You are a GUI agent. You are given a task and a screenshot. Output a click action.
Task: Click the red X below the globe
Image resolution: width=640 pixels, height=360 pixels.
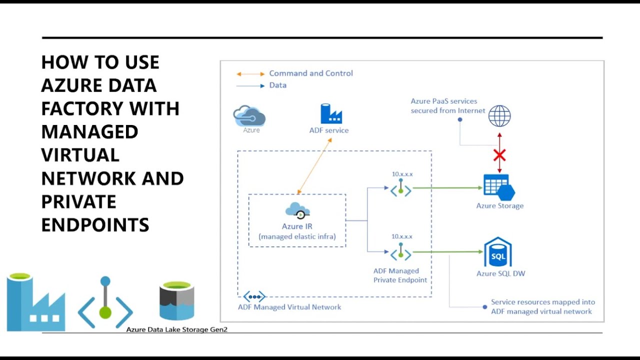click(x=499, y=155)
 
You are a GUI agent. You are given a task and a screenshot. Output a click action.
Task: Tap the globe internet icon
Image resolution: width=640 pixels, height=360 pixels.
click(x=499, y=116)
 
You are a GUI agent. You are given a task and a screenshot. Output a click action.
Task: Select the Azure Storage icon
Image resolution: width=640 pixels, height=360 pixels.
click(x=499, y=187)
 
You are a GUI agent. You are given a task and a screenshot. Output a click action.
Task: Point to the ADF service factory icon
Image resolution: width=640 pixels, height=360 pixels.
click(x=330, y=114)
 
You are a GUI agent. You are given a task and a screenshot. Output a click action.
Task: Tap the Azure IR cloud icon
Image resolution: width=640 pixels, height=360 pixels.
click(x=297, y=210)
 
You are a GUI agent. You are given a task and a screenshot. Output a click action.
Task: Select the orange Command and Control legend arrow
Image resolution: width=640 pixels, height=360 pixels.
click(x=250, y=74)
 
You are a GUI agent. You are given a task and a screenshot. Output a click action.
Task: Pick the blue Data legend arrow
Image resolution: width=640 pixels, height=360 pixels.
click(x=250, y=86)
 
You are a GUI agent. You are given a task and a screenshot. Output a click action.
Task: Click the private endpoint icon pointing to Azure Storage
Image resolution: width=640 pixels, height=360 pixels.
click(x=400, y=189)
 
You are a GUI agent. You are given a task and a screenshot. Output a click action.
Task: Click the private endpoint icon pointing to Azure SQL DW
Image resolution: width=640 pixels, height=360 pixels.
click(x=400, y=253)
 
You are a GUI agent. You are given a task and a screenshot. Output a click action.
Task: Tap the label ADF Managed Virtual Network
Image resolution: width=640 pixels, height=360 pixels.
click(x=289, y=307)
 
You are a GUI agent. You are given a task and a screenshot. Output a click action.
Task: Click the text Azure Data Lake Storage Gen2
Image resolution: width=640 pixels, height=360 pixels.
click(x=176, y=329)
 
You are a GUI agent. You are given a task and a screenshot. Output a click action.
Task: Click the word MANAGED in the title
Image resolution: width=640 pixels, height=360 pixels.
click(x=89, y=132)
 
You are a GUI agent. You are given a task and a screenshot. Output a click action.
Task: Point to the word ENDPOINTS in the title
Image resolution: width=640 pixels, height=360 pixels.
click(x=95, y=225)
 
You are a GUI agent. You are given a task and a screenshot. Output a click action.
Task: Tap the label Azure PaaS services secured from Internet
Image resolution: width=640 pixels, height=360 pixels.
click(x=448, y=106)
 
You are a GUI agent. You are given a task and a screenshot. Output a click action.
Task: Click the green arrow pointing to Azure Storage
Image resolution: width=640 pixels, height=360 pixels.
click(x=447, y=188)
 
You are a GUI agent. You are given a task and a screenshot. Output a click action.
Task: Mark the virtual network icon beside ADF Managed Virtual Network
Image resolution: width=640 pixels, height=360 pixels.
click(x=254, y=296)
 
